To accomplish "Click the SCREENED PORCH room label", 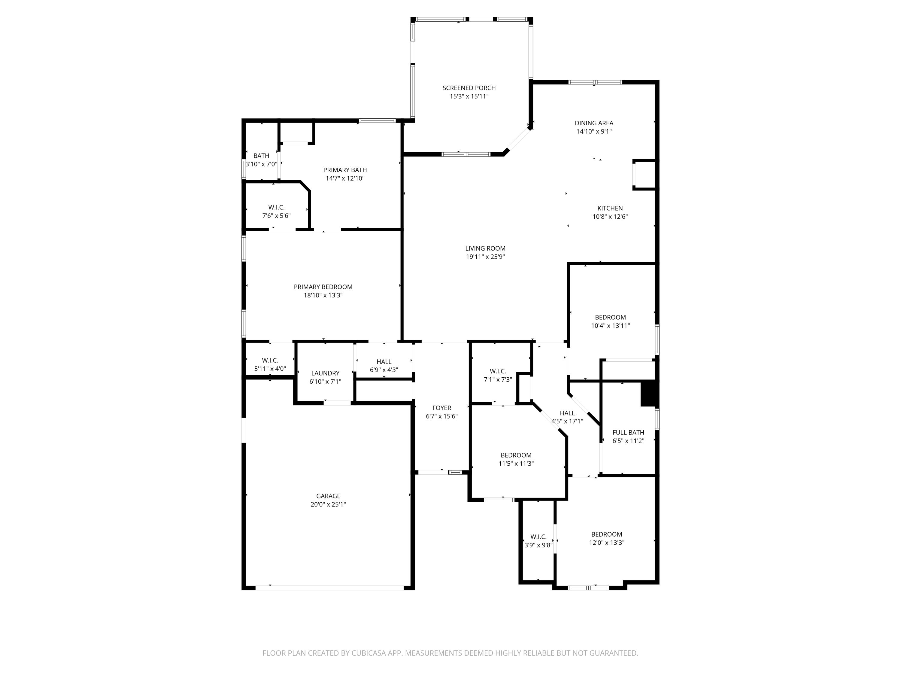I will (x=469, y=88).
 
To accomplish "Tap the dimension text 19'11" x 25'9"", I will (x=485, y=257).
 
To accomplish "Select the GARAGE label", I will (x=328, y=496).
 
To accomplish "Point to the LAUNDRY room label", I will (x=325, y=373).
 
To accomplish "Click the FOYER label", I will (x=441, y=408).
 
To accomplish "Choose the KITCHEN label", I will (x=610, y=208).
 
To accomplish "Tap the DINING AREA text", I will (x=593, y=123).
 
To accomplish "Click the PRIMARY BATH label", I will (x=344, y=170).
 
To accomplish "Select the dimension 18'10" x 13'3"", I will (x=323, y=295).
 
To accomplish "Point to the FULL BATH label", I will (x=628, y=432).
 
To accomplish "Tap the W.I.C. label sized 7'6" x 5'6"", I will (x=276, y=207).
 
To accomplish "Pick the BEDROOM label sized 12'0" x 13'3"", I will (x=606, y=534).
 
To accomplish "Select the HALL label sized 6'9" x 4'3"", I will (x=384, y=362).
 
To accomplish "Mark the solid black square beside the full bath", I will (x=649, y=394).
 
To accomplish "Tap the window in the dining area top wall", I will (x=595, y=82).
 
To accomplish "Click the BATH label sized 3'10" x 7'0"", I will (x=261, y=156).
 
